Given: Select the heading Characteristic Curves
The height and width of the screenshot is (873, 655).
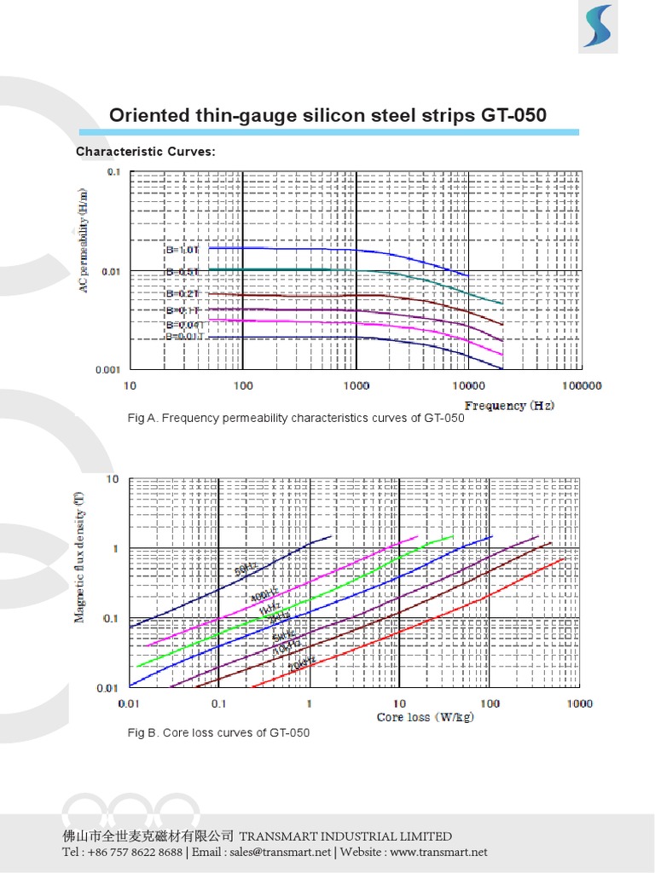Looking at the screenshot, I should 146,152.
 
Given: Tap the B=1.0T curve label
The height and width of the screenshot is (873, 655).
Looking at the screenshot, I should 182,250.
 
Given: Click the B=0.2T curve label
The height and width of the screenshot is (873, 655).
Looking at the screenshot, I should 183,293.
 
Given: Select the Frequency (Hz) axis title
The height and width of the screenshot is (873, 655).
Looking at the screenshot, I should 508,405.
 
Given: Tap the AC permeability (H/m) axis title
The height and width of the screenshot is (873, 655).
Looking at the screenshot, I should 84,243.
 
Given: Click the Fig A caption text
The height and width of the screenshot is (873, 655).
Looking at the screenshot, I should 295,418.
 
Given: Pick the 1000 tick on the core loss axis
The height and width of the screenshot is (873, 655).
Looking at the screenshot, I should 578,703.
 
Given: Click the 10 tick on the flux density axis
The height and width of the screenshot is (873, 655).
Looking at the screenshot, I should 112,479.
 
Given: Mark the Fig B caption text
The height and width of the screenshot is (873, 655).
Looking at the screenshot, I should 218,732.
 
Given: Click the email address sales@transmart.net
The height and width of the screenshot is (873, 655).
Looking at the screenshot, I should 280,852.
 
